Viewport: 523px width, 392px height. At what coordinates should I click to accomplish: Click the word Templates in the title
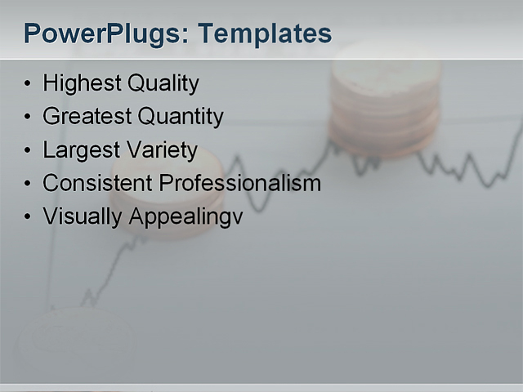pos(266,34)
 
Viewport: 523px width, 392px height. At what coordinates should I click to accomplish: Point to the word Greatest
pos(87,117)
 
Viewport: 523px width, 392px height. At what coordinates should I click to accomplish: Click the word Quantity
pos(181,117)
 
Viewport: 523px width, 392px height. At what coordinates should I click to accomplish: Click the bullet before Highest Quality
pos(29,84)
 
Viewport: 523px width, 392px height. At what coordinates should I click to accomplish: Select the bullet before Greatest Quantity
pos(29,118)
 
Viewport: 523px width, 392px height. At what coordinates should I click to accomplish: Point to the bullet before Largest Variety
pos(29,151)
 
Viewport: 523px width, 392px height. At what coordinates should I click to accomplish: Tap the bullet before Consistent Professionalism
pos(29,184)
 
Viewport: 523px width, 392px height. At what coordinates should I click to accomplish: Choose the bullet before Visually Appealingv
pos(29,217)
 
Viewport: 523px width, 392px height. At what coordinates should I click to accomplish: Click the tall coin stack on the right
pos(384,102)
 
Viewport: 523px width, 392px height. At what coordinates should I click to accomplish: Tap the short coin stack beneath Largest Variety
pos(168,196)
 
